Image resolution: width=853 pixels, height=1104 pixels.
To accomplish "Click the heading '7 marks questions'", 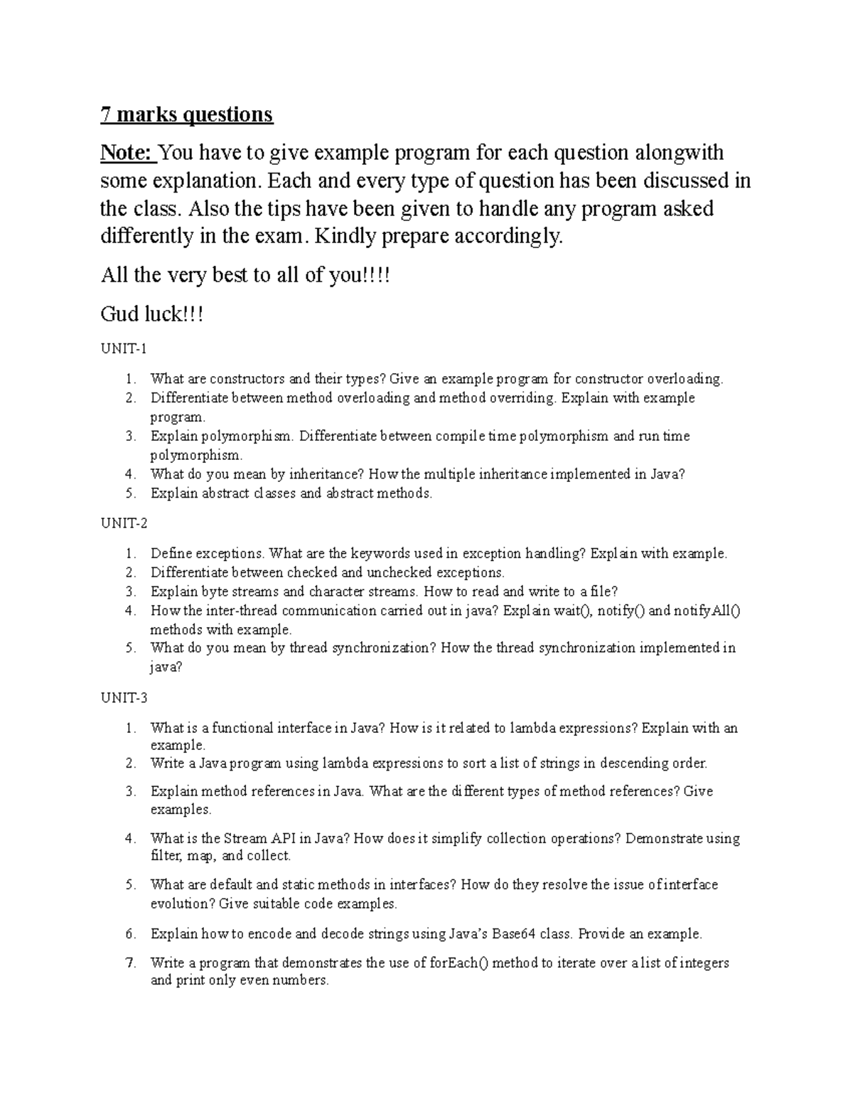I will click(x=186, y=114).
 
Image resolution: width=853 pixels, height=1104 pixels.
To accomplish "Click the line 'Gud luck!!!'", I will click(x=152, y=314).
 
